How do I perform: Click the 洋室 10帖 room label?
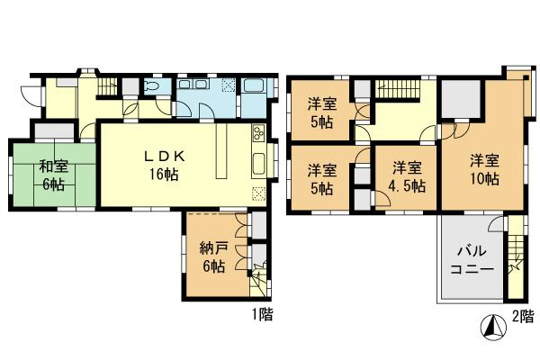[x=484, y=170]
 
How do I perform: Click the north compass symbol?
[x=494, y=328]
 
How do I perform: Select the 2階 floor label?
[x=522, y=316]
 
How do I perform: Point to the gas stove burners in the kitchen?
[x=257, y=135]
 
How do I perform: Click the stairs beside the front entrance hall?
[x=107, y=85]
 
